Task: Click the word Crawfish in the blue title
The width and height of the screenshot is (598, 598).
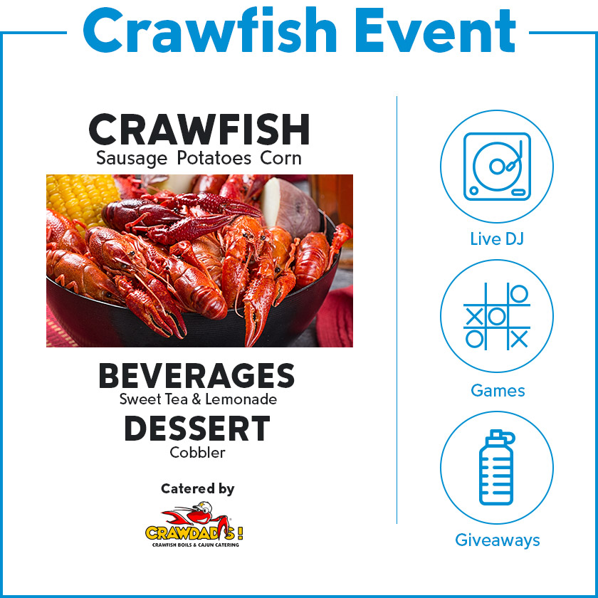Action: pyautogui.click(x=210, y=30)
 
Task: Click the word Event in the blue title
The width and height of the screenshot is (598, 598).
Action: pyautogui.click(x=435, y=30)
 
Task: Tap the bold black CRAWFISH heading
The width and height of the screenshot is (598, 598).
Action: pyautogui.click(x=199, y=129)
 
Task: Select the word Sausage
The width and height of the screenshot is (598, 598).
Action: pyautogui.click(x=132, y=159)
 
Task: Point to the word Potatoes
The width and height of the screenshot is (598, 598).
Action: pyautogui.click(x=214, y=158)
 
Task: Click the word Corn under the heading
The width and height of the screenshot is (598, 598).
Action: pyautogui.click(x=280, y=158)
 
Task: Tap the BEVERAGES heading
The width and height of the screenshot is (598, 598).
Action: pyautogui.click(x=196, y=376)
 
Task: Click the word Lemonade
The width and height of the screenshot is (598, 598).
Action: pyautogui.click(x=241, y=399)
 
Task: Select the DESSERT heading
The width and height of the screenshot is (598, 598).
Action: pyautogui.click(x=196, y=429)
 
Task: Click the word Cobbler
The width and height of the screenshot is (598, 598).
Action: pyautogui.click(x=198, y=453)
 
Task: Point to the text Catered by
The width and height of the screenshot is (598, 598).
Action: pyautogui.click(x=198, y=488)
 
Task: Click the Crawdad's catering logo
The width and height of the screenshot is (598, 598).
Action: pyautogui.click(x=194, y=525)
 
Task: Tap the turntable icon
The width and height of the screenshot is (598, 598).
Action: pyautogui.click(x=497, y=167)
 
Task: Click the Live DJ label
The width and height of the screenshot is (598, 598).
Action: pyautogui.click(x=497, y=239)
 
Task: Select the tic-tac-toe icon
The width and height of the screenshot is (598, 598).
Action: pyautogui.click(x=497, y=316)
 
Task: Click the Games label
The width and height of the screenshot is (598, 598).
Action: pyautogui.click(x=498, y=390)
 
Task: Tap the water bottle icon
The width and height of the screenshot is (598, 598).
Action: pyautogui.click(x=497, y=468)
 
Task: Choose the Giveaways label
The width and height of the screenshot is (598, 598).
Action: pyautogui.click(x=498, y=540)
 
